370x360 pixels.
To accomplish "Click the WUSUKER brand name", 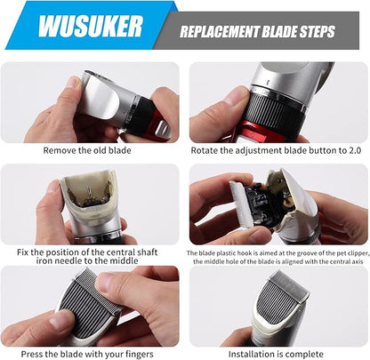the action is tap(91, 27).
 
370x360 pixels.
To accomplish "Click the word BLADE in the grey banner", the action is tap(279, 32).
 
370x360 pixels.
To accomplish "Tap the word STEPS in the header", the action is tap(318, 32).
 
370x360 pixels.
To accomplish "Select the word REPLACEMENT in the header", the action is tap(220, 32).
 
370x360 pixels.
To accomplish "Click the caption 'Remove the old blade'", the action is tap(87, 150).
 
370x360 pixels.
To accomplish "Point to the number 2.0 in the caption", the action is tap(355, 150).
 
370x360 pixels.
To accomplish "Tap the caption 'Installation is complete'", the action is tap(276, 354).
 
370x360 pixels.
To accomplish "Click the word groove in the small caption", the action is tap(308, 253).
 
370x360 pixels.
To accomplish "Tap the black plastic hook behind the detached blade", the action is tap(257, 204).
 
